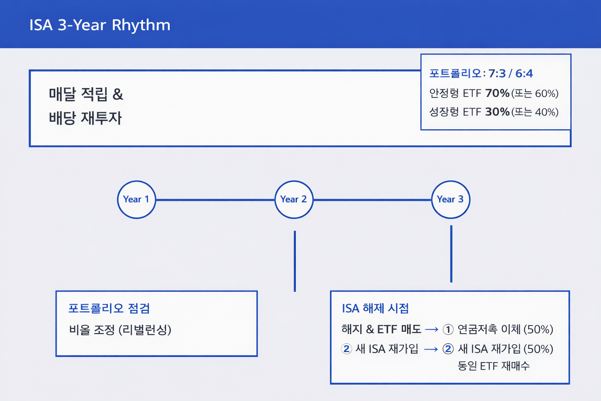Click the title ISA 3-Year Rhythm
[100, 25]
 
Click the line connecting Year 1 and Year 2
[215, 200]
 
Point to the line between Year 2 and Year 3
[372, 200]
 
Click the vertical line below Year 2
[295, 261]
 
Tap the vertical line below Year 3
[451, 254]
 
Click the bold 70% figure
[497, 93]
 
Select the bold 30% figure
[497, 112]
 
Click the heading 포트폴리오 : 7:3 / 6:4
[481, 73]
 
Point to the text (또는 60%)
[535, 94]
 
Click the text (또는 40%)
[535, 112]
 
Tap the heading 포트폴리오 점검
[109, 308]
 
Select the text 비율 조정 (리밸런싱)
[120, 330]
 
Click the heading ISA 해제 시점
[375, 308]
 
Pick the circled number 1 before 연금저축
[448, 329]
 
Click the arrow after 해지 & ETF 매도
[432, 329]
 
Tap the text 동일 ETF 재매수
[493, 366]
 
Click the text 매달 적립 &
[86, 94]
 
